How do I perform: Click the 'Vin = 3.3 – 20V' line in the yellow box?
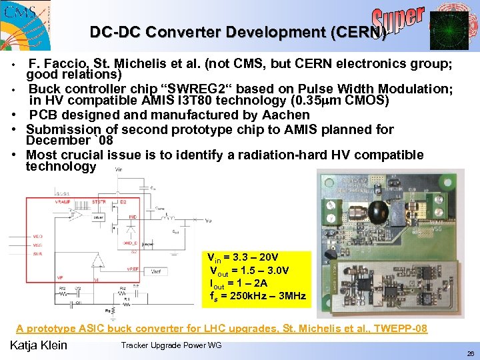click(x=243, y=257)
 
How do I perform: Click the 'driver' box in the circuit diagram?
click(x=99, y=217)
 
